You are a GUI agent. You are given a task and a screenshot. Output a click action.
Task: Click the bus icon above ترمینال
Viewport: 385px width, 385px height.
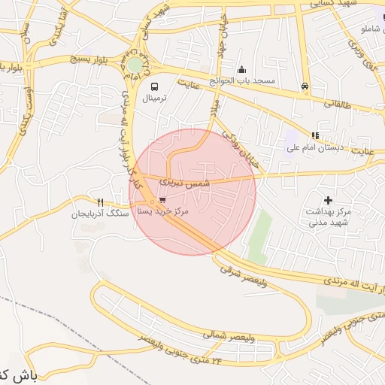154,86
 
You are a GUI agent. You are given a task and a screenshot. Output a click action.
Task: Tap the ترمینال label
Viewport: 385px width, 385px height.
159,98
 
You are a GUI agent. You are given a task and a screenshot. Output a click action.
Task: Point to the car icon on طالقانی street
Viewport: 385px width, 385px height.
305,86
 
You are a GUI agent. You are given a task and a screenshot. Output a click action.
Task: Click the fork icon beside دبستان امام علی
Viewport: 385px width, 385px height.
315,136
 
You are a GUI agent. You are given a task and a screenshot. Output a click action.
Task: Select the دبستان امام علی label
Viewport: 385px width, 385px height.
315,147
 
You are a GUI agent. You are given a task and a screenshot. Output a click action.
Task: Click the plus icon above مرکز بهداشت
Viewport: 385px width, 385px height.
327,200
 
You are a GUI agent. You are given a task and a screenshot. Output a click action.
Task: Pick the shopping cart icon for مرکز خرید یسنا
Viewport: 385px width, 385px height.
162,200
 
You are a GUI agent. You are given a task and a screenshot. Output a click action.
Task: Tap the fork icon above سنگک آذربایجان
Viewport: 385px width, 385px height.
100,202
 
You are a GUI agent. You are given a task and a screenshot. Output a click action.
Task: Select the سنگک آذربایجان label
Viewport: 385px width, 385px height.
100,214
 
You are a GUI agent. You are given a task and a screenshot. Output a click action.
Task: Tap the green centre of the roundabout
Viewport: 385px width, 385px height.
135,65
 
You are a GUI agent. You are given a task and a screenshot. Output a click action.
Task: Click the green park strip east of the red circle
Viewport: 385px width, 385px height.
259,234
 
